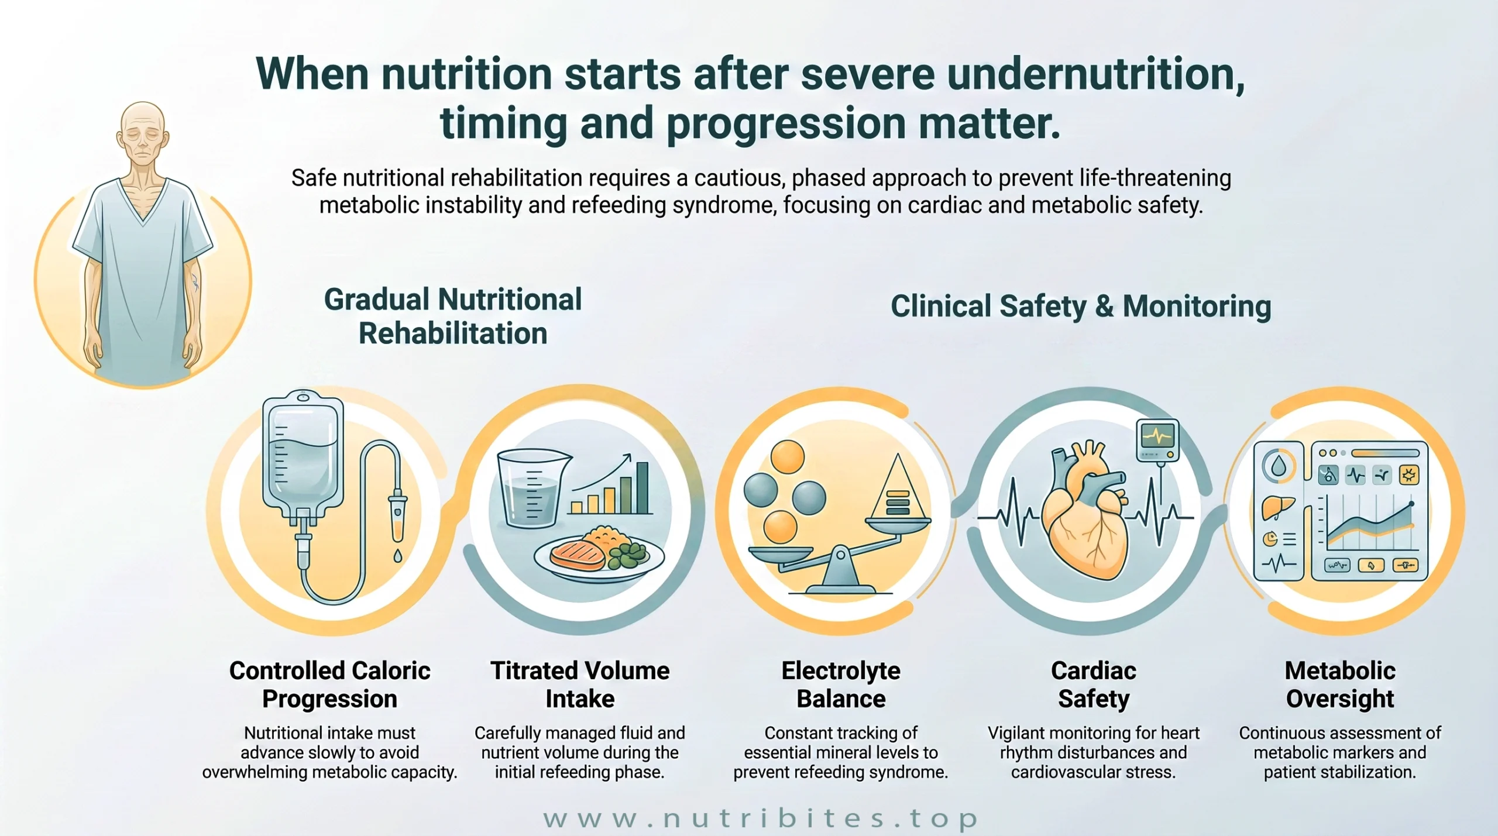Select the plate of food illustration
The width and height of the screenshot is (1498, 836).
click(x=599, y=554)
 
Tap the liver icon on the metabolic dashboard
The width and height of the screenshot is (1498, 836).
click(x=1277, y=506)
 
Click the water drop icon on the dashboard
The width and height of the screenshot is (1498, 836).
click(x=1279, y=466)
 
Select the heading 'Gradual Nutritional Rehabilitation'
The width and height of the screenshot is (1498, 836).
click(x=453, y=316)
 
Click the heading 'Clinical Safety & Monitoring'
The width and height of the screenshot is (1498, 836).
click(x=1081, y=306)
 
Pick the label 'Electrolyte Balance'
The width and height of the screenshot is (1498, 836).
click(x=841, y=684)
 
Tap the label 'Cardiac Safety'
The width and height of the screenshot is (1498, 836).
click(x=1094, y=684)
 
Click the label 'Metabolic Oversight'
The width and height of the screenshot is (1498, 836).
click(x=1340, y=684)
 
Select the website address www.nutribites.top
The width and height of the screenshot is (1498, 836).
click(x=760, y=818)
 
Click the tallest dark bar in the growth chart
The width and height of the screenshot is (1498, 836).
click(x=643, y=488)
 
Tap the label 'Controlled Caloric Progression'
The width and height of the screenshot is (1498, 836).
click(x=329, y=684)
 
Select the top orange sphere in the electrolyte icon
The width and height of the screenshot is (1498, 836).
click(x=787, y=456)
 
